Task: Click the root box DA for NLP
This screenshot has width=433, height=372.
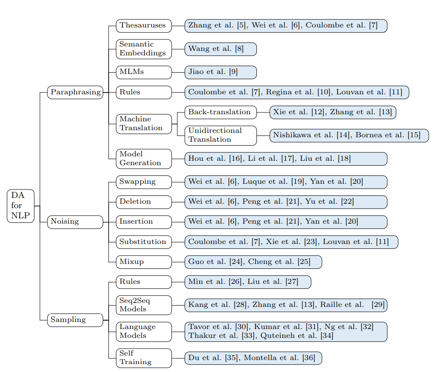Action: (x=20, y=206)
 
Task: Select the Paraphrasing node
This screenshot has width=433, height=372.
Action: (x=75, y=92)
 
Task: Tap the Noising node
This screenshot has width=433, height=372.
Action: (x=75, y=221)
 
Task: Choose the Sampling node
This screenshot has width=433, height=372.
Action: (x=75, y=320)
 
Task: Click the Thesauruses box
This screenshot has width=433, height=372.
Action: (x=143, y=26)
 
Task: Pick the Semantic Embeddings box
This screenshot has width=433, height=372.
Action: (x=143, y=49)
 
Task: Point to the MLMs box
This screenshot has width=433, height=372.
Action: (x=143, y=72)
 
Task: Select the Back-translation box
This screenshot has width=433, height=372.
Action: (x=220, y=112)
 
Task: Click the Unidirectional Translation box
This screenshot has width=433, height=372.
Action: (x=220, y=135)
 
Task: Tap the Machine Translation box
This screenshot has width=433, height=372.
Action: (x=143, y=124)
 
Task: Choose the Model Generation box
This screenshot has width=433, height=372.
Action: (x=143, y=159)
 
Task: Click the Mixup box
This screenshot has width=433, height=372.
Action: (x=143, y=262)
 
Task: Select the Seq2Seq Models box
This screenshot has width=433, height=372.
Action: (x=143, y=305)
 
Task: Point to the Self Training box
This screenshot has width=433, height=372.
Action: (x=143, y=358)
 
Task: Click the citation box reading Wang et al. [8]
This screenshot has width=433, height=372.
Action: (x=220, y=49)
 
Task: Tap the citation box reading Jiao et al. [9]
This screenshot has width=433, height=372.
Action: (x=220, y=72)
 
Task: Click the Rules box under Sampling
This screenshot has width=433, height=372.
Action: (x=143, y=282)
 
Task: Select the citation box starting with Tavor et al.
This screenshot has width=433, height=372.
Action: (x=286, y=331)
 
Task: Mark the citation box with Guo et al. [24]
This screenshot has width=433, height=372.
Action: (x=253, y=262)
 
